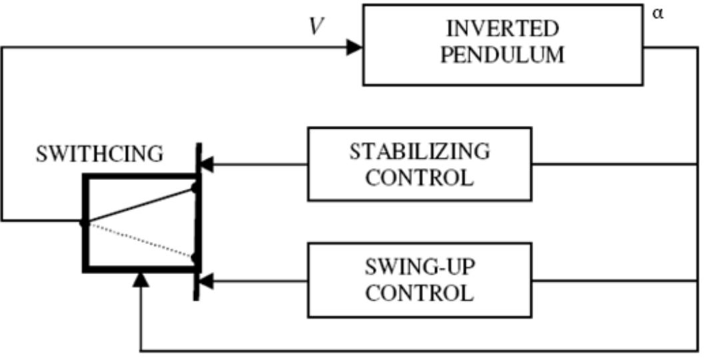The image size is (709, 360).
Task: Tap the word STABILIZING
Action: tap(419, 151)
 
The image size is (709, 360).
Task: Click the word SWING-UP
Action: tap(419, 267)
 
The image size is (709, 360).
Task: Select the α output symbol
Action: tap(658, 14)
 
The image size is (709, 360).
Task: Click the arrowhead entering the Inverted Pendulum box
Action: tap(354, 47)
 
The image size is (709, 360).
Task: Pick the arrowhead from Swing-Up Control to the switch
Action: tap(207, 283)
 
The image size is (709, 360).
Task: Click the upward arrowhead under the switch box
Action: tap(140, 279)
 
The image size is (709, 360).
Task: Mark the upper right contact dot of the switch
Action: tap(195, 189)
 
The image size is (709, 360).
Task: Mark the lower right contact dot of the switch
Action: tap(195, 257)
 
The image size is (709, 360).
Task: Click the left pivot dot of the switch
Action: tap(84, 223)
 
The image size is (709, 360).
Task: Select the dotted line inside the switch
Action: tap(140, 240)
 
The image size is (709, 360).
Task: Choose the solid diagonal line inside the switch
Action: tap(140, 205)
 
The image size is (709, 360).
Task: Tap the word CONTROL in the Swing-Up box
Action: tap(419, 293)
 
